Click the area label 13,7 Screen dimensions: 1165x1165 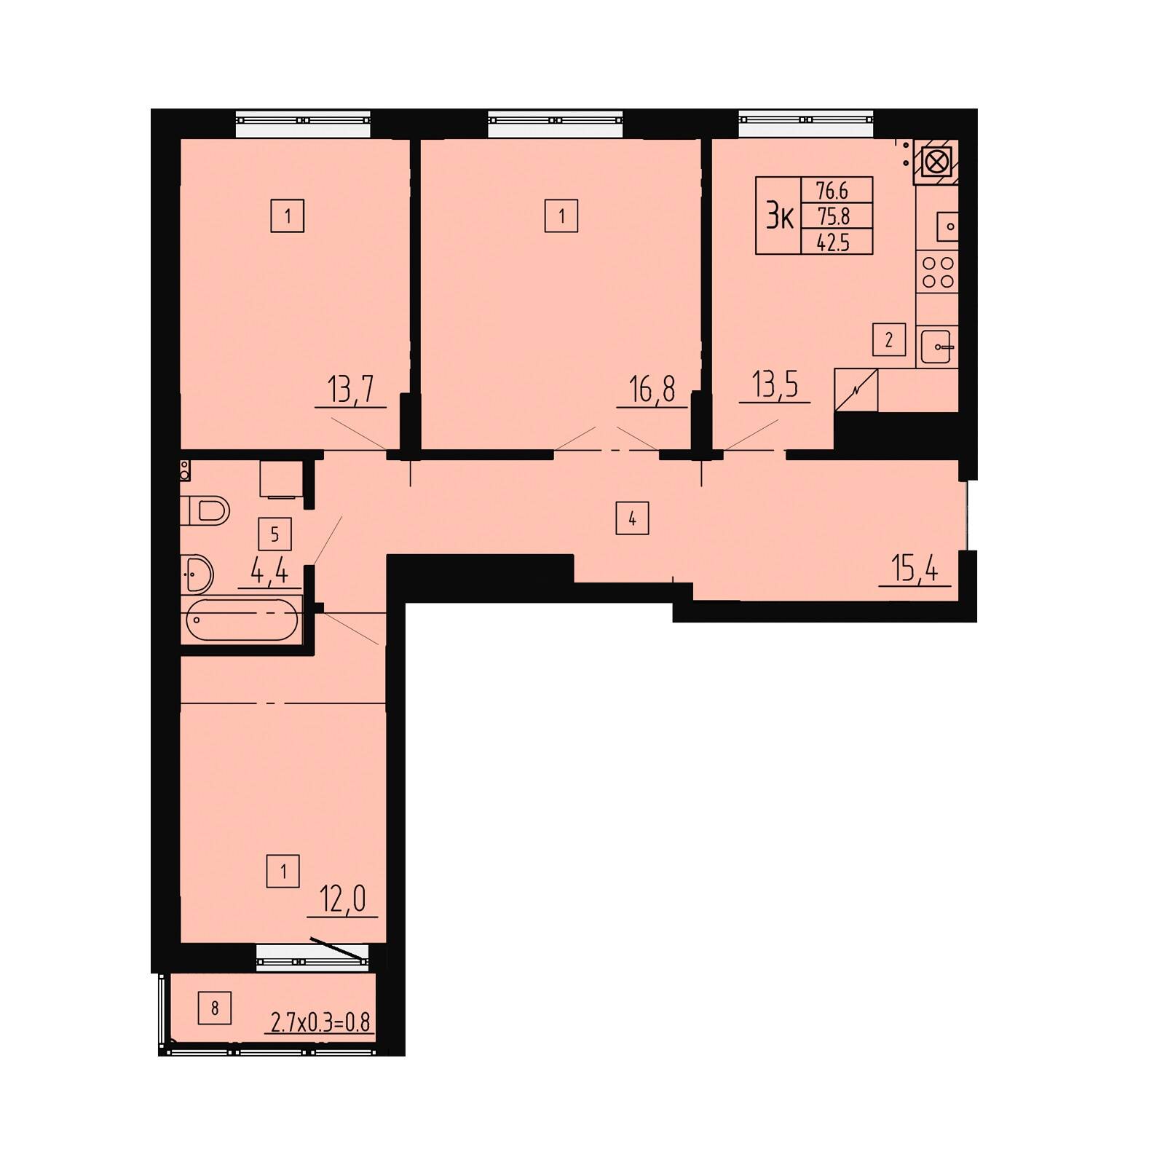(351, 390)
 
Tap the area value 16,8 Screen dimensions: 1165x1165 (652, 390)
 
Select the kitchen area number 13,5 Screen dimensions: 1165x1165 (775, 385)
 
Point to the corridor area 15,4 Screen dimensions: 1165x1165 (915, 568)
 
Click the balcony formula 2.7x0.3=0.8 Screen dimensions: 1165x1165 (320, 1022)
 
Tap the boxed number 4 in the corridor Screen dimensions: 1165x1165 (632, 519)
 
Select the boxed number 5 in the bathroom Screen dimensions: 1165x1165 (275, 534)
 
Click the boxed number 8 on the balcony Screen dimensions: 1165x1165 (215, 1008)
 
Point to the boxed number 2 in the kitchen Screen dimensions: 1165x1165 (889, 340)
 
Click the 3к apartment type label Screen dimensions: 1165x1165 (778, 216)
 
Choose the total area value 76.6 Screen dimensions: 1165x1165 (834, 191)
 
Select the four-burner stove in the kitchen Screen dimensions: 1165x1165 (938, 272)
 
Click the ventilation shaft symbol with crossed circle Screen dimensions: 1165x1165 (936, 162)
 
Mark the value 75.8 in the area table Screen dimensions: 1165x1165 (834, 216)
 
